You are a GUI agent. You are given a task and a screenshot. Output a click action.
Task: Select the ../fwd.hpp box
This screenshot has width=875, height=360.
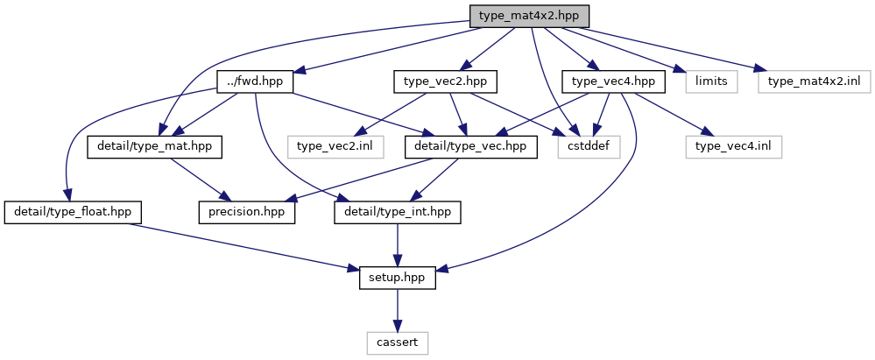coord(255,81)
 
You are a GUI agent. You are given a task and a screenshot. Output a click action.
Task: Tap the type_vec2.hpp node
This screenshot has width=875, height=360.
coord(445,81)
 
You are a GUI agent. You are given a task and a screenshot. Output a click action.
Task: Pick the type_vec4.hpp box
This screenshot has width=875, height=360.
coord(614,81)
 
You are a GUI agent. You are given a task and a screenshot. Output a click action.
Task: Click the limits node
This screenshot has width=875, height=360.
coord(711,81)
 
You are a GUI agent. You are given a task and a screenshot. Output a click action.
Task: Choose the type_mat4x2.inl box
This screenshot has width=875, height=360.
coord(815,81)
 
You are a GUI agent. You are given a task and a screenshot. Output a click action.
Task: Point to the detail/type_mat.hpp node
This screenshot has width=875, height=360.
coord(154,147)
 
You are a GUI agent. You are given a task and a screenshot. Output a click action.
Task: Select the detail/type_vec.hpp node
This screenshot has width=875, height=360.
coord(469,147)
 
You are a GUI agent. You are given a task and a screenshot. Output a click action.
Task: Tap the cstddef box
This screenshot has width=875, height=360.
coord(589,147)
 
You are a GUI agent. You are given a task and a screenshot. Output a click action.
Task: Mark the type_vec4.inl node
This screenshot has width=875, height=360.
coord(734,147)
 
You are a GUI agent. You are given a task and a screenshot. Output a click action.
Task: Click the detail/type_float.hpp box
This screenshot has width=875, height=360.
coord(73,213)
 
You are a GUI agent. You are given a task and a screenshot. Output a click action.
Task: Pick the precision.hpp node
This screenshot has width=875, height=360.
coord(247,213)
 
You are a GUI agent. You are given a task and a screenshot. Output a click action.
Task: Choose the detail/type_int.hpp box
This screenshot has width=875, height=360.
coord(398,213)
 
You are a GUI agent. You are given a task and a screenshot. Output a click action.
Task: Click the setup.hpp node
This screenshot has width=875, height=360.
coord(398,278)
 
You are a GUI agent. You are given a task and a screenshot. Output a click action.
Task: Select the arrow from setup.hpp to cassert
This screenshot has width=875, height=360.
coord(398,310)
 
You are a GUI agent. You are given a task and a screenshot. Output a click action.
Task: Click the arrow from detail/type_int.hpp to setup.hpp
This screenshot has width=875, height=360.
coord(398,245)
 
